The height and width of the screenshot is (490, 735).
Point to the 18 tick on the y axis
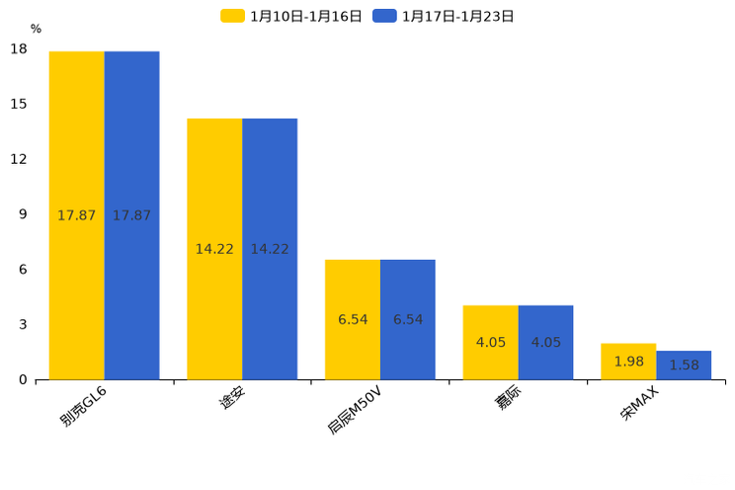(19, 49)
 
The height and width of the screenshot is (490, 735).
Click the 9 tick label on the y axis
(23, 214)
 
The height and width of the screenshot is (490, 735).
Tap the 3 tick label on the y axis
(23, 325)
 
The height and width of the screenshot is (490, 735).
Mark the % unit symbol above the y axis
(36, 29)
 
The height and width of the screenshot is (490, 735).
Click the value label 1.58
(685, 366)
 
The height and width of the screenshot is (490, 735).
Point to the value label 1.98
(629, 362)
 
